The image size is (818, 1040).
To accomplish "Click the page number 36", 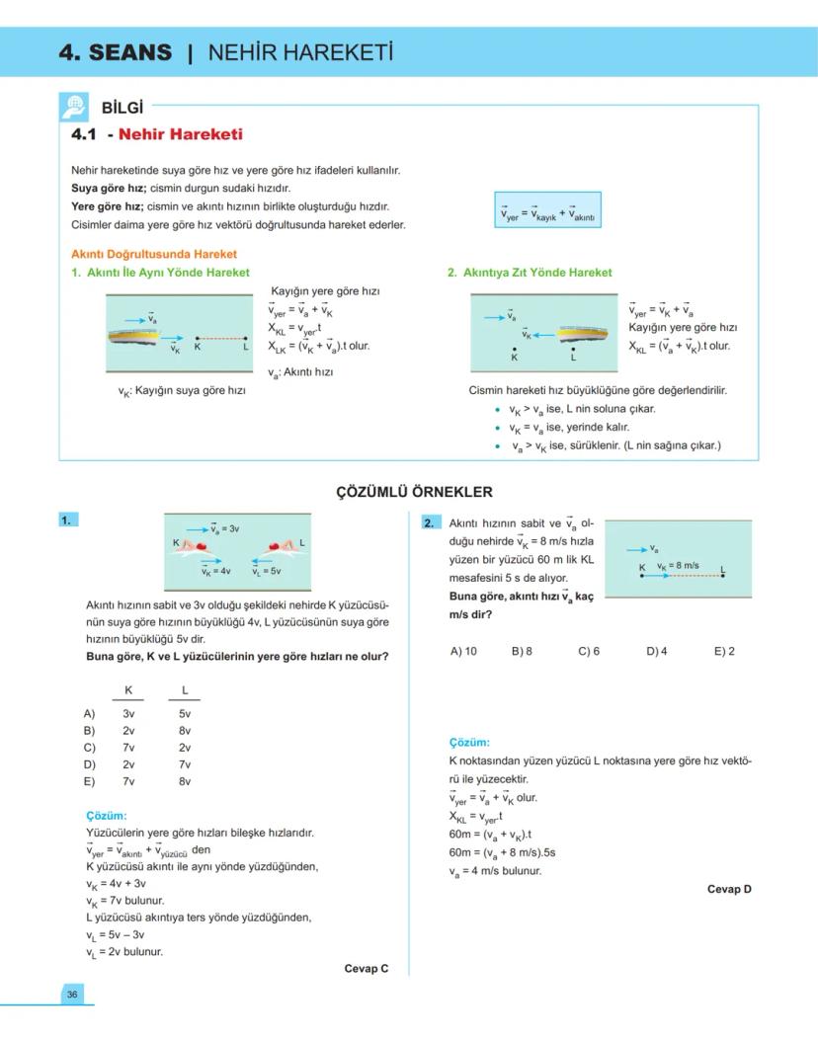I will click(72, 994).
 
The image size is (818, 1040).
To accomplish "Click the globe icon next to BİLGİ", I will click(74, 107).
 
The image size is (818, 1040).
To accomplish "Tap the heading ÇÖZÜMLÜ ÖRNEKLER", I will click(415, 492).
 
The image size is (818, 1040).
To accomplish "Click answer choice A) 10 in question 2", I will click(463, 651).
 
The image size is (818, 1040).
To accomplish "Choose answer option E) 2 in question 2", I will click(724, 651).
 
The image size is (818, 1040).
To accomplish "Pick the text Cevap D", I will click(729, 889).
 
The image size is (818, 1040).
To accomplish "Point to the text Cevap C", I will click(366, 969).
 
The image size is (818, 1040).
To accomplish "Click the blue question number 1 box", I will click(68, 520).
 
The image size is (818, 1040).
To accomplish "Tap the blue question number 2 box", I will click(430, 522).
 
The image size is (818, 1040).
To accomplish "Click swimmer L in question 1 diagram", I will click(281, 545).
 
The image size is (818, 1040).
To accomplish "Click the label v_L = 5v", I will click(267, 571).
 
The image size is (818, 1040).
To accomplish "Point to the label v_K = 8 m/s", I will click(678, 566).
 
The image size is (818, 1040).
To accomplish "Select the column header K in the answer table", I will click(127, 689).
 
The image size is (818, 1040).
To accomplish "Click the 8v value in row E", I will click(185, 781).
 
